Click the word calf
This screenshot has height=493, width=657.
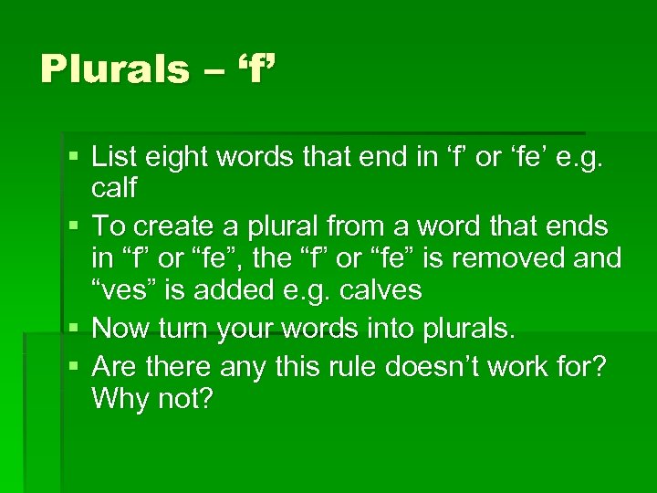click(x=115, y=188)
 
